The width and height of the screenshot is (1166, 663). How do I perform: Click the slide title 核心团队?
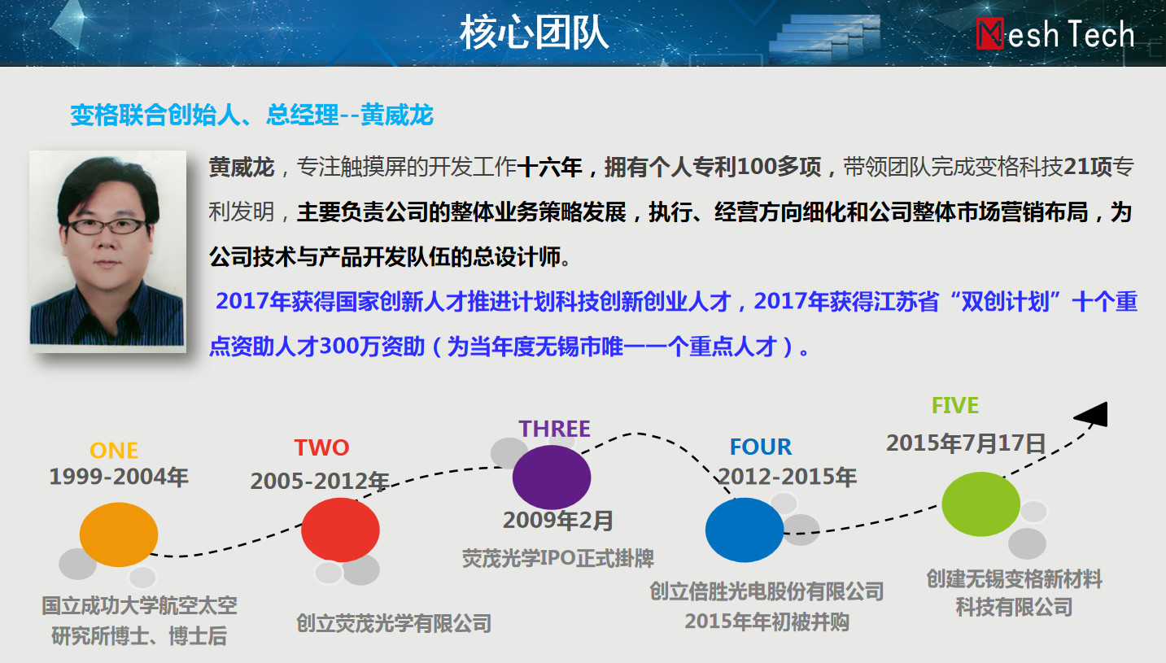pos(534,33)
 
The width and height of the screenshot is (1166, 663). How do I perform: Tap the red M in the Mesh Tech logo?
pos(989,34)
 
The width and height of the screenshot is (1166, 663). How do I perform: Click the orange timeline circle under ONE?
pos(119,534)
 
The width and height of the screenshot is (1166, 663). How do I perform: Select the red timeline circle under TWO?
pos(340,530)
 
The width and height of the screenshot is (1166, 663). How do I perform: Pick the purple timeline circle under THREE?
pos(551,478)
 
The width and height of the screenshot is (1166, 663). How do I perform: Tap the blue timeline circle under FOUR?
pos(745,530)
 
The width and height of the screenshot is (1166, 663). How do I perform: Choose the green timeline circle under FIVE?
pos(980,504)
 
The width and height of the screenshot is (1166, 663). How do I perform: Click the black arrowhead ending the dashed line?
pos(1092,415)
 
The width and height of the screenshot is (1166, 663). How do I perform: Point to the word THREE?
pos(554,429)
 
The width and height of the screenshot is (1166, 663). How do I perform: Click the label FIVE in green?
pos(955,405)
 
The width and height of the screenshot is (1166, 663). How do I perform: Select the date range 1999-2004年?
pos(119,477)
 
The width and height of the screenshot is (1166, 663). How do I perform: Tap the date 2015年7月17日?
pos(966,443)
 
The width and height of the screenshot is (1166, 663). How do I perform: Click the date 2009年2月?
pos(557,521)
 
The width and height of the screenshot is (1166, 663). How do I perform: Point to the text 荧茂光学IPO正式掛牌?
pos(558,558)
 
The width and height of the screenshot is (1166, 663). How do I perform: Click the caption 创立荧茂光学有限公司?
pos(394,623)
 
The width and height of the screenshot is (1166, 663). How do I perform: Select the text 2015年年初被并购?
pos(766,622)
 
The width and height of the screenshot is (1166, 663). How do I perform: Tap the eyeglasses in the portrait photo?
pos(107,226)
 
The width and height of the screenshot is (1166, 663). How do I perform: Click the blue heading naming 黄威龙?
pos(252,115)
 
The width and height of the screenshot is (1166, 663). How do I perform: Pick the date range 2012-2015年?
pos(787,477)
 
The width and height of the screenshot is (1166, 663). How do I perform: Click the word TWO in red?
pos(321,447)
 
